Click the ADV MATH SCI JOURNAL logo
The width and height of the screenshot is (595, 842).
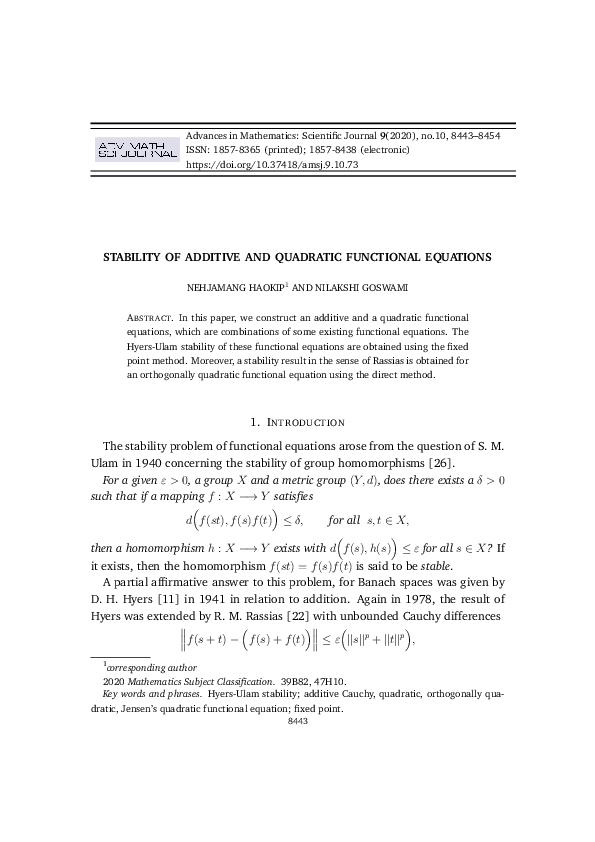(x=136, y=149)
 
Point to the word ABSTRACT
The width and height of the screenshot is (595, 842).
(x=150, y=315)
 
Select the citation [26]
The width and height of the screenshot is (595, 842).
(x=442, y=461)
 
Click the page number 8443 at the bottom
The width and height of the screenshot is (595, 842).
(x=298, y=720)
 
